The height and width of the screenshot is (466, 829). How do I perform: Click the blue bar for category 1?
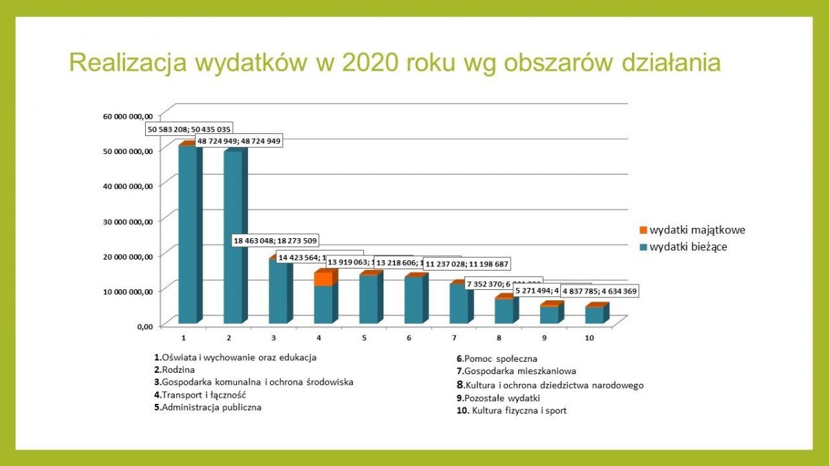(187, 235)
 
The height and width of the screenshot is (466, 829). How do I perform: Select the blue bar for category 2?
(233, 238)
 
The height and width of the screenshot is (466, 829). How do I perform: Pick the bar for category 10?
(593, 315)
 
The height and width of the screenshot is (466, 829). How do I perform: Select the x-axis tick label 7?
(455, 338)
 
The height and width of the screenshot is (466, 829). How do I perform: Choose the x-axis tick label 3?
(274, 338)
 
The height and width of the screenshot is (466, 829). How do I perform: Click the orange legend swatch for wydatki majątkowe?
(644, 231)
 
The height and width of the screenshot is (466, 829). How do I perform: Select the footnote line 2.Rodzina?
(175, 369)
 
